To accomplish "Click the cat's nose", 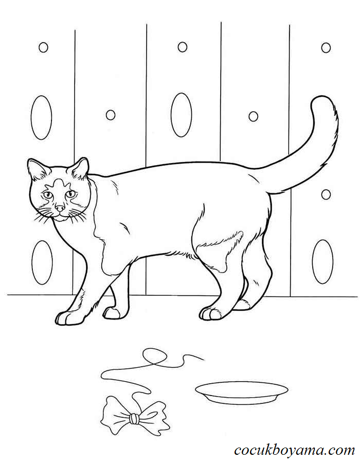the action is [60, 208].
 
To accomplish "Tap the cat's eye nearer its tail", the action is [70, 194].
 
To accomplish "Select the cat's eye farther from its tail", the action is [47, 195].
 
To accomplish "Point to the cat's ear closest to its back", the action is [79, 168].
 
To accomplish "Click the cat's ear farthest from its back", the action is [37, 169].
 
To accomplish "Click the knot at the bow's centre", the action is [134, 418].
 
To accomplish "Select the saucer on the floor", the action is [241, 393].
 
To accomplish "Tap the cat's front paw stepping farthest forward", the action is [69, 318].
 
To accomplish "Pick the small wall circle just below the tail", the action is [326, 194].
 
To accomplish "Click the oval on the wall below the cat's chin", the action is [42, 262].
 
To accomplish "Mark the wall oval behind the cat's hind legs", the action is [322, 262].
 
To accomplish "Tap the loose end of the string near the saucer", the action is [203, 360].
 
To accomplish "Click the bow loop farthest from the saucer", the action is [116, 414].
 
